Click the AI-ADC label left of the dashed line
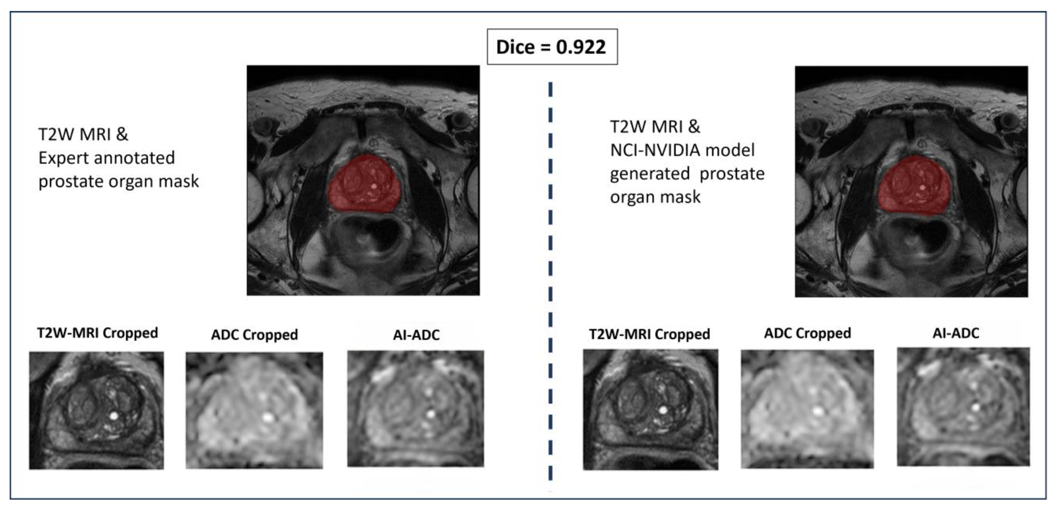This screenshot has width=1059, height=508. (416, 335)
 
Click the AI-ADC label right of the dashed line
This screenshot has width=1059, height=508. (956, 333)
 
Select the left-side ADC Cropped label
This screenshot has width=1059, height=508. (254, 335)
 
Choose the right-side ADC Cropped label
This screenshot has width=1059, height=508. (808, 333)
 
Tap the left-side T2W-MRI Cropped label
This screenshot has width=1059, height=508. (97, 333)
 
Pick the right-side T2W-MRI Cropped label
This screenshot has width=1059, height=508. (649, 334)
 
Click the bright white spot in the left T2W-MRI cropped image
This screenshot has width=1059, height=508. (114, 416)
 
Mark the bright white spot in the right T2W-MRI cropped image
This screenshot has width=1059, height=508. (663, 410)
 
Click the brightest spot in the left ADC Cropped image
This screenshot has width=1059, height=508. (268, 417)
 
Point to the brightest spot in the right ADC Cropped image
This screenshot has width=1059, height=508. (818, 411)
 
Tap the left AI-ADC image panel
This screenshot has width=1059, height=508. (416, 409)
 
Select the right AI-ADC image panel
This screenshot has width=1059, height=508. (963, 407)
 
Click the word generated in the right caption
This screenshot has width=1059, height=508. (649, 174)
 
